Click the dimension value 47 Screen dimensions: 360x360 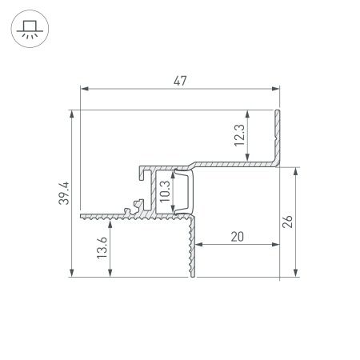click(x=180, y=81)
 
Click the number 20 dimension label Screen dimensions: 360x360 click(x=238, y=236)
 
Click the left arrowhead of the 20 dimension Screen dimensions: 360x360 click(x=199, y=244)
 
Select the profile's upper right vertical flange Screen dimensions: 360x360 click(x=279, y=136)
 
